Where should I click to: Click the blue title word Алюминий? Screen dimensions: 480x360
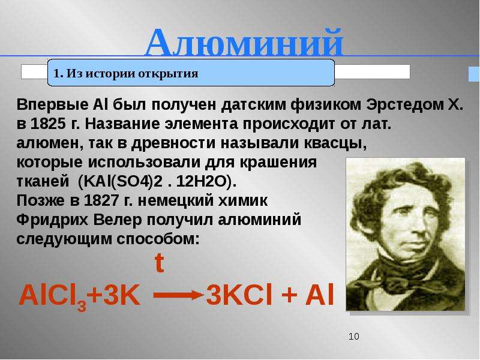point(244,42)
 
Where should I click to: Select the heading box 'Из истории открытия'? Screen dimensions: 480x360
point(191,73)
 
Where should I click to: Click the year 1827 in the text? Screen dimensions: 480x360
point(101,201)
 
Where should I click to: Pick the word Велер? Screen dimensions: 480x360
point(117,220)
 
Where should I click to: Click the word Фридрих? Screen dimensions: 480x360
point(52,220)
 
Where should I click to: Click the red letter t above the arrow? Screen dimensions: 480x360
point(159,263)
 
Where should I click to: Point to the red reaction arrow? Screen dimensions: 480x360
point(178,295)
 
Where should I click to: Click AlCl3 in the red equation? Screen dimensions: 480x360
point(53,296)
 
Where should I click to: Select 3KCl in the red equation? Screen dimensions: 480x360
point(239,295)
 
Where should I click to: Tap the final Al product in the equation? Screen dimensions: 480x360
point(319,295)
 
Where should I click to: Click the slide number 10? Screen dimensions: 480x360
point(353,337)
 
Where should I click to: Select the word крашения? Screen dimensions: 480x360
point(278,163)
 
